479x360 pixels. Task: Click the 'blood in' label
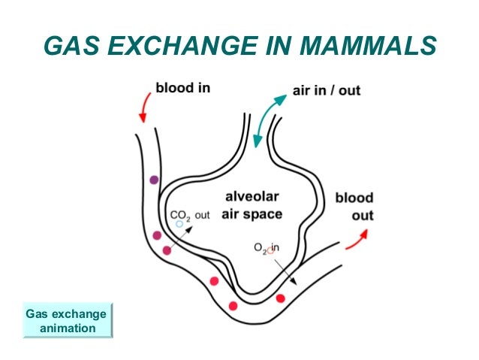pyautogui.click(x=182, y=89)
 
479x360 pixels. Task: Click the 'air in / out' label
pyautogui.click(x=326, y=91)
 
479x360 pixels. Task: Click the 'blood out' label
pyautogui.click(x=354, y=207)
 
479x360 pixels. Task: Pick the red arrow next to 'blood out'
pyautogui.click(x=357, y=239)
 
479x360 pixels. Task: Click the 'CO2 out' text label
pyautogui.click(x=189, y=214)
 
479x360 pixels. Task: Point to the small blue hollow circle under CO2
pyautogui.click(x=179, y=224)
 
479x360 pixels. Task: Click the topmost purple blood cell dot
pyautogui.click(x=154, y=180)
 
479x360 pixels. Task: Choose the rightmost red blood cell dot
pyautogui.click(x=280, y=298)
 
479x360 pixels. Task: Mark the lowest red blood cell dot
pyautogui.click(x=233, y=305)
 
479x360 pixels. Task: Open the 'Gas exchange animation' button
pyautogui.click(x=66, y=321)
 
